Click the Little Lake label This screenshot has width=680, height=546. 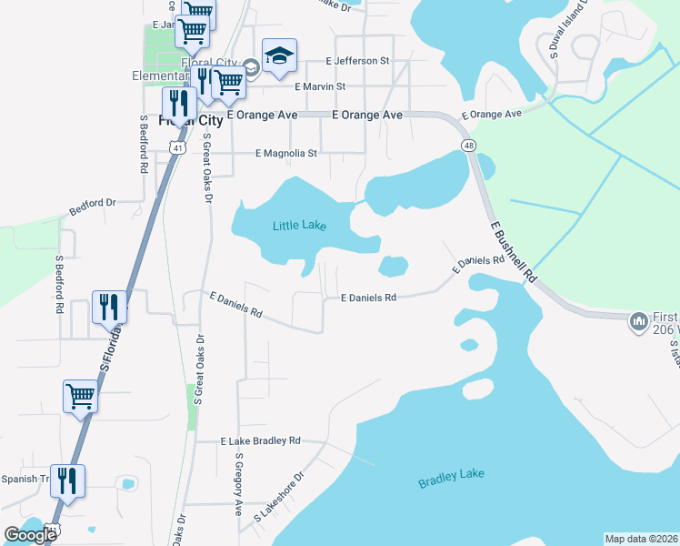(299, 226)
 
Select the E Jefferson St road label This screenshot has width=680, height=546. (357, 61)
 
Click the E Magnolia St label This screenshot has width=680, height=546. (286, 154)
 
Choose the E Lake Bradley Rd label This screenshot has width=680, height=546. (261, 440)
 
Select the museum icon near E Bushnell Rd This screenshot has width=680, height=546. (637, 320)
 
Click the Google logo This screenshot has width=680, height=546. (31, 535)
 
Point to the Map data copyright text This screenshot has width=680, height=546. (641, 539)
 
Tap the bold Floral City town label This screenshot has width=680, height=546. (191, 119)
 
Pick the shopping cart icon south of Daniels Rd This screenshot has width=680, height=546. (80, 397)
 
